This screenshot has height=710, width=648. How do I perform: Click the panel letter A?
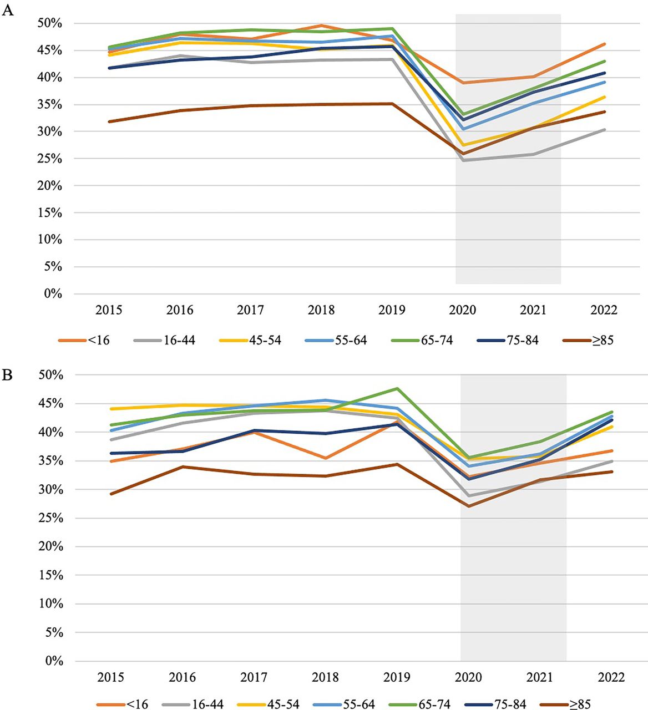pos(7,11)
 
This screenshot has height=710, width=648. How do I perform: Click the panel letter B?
pos(7,374)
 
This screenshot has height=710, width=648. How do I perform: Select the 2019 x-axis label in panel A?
pos(392,310)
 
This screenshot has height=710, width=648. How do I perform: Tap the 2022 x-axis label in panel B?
pos(611,677)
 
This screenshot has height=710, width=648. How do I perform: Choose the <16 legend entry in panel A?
pos(84,341)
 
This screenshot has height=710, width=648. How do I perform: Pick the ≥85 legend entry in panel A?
pos(588,341)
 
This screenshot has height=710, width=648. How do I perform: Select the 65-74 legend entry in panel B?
pos(420,704)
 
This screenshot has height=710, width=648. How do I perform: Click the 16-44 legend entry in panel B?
pos(193,704)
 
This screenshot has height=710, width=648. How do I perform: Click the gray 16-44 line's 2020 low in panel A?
pos(463,160)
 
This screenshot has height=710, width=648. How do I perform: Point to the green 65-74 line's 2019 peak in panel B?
pos(397,388)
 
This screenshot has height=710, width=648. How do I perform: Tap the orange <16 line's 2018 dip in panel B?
pos(326,458)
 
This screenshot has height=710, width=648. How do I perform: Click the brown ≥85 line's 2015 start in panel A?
pos(109,122)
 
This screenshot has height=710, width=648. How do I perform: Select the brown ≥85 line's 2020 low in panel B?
pos(469,506)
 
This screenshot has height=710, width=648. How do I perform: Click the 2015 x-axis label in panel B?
pos(111,677)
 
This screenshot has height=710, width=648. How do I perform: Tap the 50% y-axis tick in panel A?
pos(49,23)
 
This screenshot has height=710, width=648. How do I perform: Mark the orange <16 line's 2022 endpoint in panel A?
pos(604,44)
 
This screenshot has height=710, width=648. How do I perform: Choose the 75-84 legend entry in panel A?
pos(508,341)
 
